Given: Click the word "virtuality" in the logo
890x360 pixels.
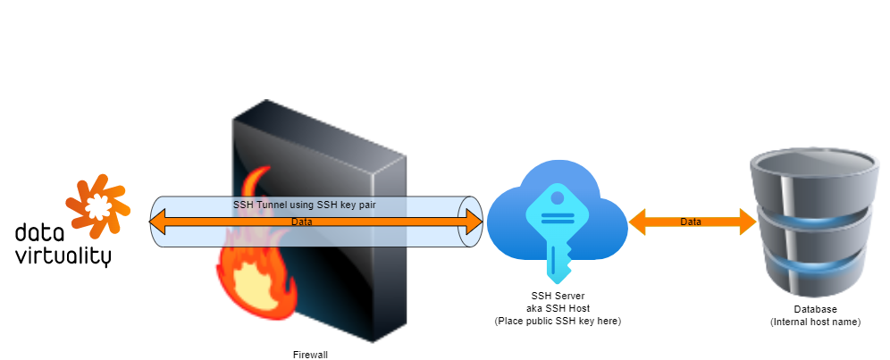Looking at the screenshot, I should pos(63,256).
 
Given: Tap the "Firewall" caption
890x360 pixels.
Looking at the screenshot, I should pos(310,355).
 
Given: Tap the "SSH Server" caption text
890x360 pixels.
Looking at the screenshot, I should pos(557,296).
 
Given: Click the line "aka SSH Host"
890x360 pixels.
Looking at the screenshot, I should pos(557,307).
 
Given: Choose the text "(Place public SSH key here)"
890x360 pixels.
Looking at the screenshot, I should pos(557,320).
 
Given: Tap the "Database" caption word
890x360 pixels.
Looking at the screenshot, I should pos(814,309).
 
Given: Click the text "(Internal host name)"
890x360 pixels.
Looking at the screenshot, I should pos(814,322).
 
